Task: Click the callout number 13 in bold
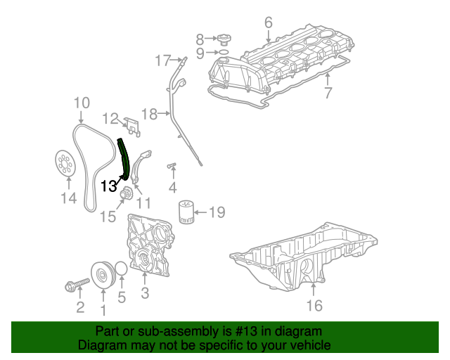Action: pos(109,186)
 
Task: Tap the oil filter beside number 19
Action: pos(185,212)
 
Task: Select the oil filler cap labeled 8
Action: pos(221,39)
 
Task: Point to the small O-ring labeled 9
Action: pos(221,52)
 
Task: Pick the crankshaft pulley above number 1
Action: pos(103,275)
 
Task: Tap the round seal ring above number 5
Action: pos(121,270)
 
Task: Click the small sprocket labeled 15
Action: pos(127,195)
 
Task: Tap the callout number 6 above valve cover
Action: pos(268,23)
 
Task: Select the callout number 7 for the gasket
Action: pos(328,92)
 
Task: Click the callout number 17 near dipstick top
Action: pos(162,60)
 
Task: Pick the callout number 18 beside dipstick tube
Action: pos(150,113)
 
